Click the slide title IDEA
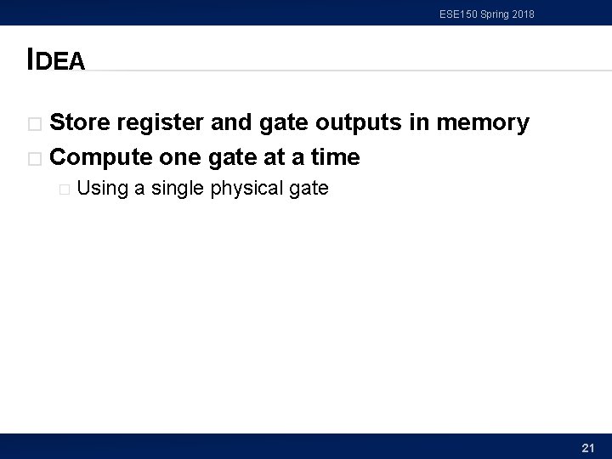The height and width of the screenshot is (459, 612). (56, 59)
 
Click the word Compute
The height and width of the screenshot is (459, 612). (101, 157)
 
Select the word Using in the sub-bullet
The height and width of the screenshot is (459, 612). (102, 189)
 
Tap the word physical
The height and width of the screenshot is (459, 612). (246, 189)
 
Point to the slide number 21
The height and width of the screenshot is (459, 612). (587, 447)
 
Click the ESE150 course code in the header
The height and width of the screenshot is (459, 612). (458, 14)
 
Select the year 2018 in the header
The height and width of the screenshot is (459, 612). (522, 14)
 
